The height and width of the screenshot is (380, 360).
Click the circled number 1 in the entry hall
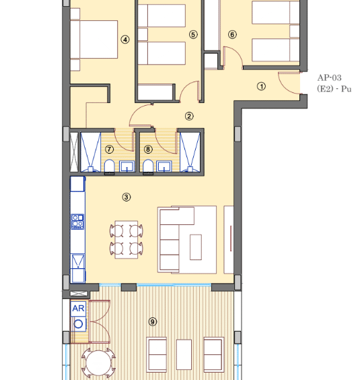(x=261, y=86)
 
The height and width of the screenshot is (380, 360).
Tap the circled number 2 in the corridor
(x=189, y=116)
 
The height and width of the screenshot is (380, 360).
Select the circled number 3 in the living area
(x=126, y=197)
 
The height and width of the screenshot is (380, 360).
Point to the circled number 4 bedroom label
(x=125, y=40)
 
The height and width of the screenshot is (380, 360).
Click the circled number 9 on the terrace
(x=152, y=322)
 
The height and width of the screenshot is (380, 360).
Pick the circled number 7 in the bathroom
(x=109, y=150)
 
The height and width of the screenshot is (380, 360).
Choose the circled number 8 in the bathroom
(x=148, y=150)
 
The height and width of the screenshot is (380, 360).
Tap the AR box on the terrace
(x=78, y=309)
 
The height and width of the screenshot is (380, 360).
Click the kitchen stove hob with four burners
(x=77, y=222)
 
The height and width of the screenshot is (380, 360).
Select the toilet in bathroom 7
(x=109, y=166)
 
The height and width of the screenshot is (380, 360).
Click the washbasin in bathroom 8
(x=164, y=166)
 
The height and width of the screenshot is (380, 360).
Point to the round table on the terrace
(x=98, y=362)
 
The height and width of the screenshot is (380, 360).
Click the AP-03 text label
(x=329, y=77)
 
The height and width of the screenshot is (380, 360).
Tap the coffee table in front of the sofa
(x=196, y=247)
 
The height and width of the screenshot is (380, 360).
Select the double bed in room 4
(x=94, y=40)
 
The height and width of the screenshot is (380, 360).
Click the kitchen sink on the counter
(x=77, y=261)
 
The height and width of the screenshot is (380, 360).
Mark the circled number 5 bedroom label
(x=193, y=34)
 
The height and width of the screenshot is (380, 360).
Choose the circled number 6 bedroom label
(x=232, y=34)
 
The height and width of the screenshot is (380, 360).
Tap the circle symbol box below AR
(x=78, y=324)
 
